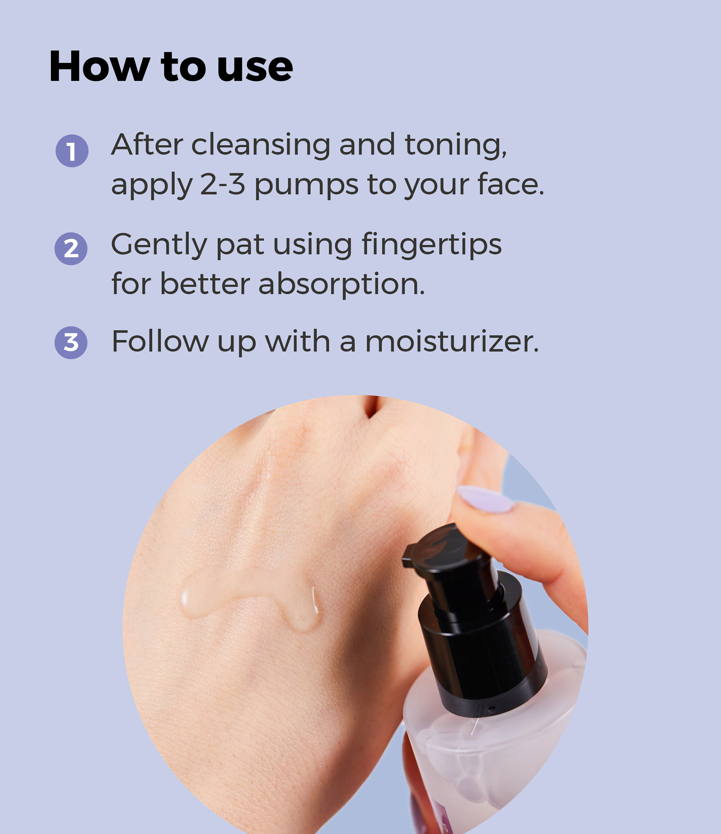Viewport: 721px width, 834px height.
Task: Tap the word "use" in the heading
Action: tap(255, 68)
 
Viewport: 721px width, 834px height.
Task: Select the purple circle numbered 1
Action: tap(72, 151)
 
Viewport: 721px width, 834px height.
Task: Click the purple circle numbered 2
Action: tap(71, 249)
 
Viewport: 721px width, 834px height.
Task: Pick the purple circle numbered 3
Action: tap(71, 343)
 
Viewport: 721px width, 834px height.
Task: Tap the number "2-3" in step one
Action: tap(223, 185)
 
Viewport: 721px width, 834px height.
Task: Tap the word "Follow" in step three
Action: tap(160, 341)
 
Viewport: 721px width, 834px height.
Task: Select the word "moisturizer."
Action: tap(452, 342)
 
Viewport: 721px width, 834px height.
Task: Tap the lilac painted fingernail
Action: tap(486, 499)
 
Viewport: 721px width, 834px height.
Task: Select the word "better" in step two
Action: tap(205, 284)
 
